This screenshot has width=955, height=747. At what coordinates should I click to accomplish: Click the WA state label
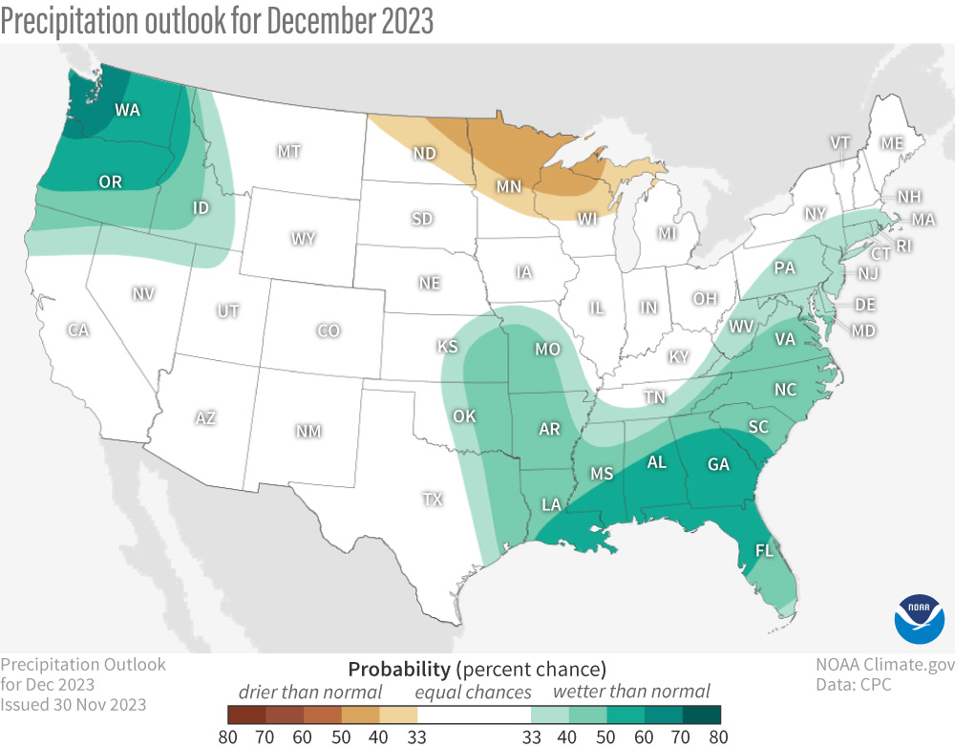pyautogui.click(x=128, y=110)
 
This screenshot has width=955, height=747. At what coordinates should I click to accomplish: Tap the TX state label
pyautogui.click(x=433, y=499)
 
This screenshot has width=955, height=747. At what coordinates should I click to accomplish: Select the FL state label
pyautogui.click(x=765, y=551)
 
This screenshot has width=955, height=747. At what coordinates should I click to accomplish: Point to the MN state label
pyautogui.click(x=508, y=185)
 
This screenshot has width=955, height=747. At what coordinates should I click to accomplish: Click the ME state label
pyautogui.click(x=892, y=142)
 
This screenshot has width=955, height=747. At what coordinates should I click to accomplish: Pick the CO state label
pyautogui.click(x=328, y=331)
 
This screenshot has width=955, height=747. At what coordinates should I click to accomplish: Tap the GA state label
pyautogui.click(x=718, y=465)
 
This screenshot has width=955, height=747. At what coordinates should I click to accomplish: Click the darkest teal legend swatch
pyautogui.click(x=701, y=714)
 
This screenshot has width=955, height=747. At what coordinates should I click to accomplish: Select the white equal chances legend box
pyautogui.click(x=474, y=714)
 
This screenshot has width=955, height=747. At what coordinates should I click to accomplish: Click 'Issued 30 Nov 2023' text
pyautogui.click(x=74, y=704)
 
